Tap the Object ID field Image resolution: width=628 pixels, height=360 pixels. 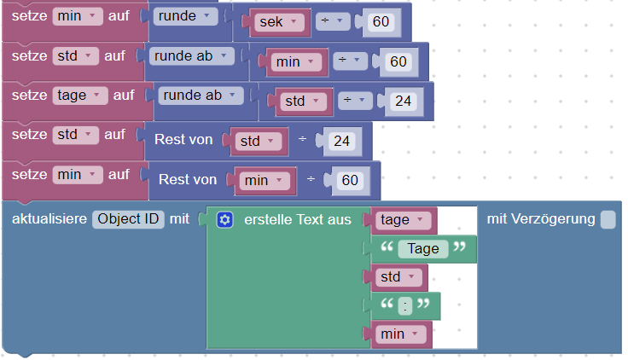click(129, 219)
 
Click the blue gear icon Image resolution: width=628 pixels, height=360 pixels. click(224, 220)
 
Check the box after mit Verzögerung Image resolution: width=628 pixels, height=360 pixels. click(608, 220)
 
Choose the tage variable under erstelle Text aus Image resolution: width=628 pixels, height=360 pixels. click(401, 220)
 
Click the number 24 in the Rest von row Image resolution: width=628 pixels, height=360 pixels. click(341, 141)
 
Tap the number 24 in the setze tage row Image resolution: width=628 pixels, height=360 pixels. click(402, 102)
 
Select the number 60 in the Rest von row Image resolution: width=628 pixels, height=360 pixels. click(349, 180)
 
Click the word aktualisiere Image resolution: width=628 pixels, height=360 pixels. click(49, 219)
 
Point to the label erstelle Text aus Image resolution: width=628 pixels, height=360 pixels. click(297, 220)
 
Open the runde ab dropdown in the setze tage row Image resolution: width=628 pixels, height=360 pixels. click(198, 96)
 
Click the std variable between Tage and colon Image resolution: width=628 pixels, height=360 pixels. click(396, 277)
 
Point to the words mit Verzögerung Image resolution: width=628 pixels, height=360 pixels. click(540, 219)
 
